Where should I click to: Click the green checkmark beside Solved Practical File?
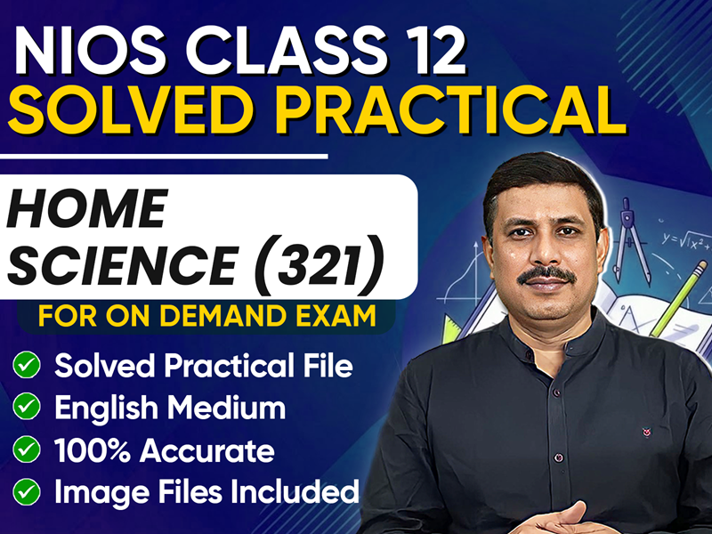pos(27,365)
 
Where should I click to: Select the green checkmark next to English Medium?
pos(27,408)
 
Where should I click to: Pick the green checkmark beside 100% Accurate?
pos(27,450)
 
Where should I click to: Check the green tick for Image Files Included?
pos(27,491)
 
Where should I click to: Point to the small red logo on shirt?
pos(645,435)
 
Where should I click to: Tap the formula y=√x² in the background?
pos(682,240)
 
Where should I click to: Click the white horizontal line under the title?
pos(165,157)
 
